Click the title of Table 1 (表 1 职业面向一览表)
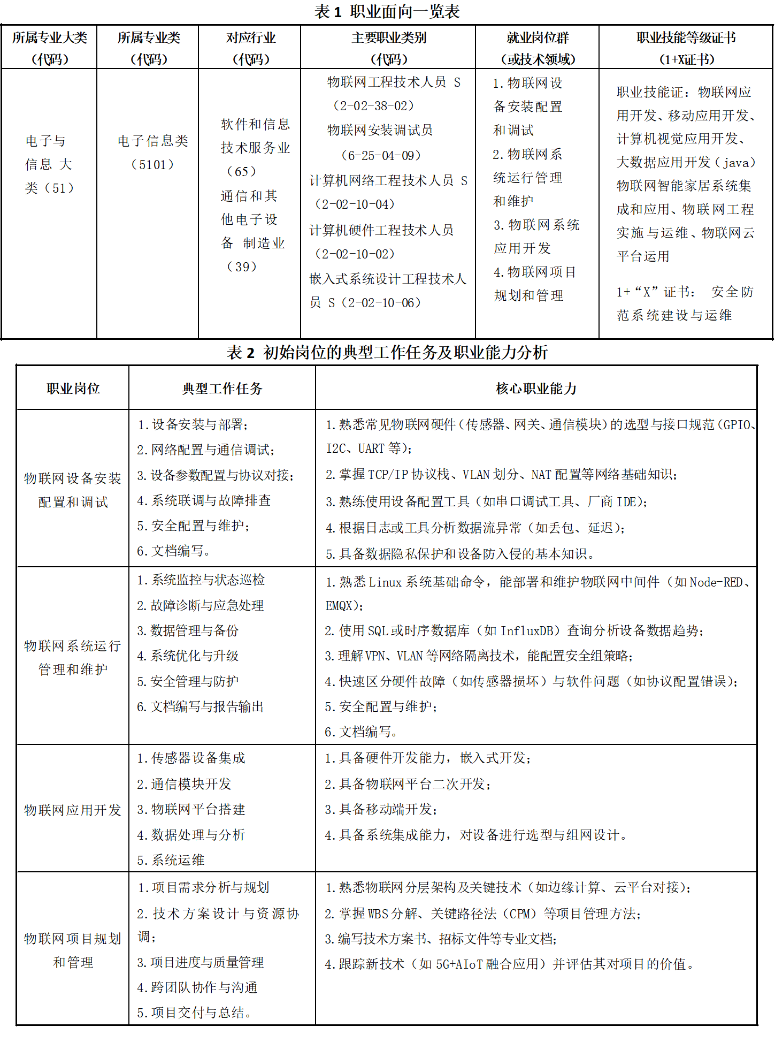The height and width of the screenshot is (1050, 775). click(387, 11)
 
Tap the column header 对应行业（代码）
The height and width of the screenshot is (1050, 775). click(251, 48)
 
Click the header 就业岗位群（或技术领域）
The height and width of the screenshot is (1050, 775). click(537, 48)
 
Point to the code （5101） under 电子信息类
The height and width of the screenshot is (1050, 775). click(152, 164)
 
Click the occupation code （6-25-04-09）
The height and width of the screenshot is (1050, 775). click(381, 155)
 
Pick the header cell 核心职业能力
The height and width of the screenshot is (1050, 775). click(536, 389)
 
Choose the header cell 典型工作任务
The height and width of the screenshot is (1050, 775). click(222, 389)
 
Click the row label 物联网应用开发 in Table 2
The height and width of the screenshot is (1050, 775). click(73, 810)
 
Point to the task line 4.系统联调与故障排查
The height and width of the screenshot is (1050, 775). click(204, 500)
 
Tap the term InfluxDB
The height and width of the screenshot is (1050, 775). click(526, 631)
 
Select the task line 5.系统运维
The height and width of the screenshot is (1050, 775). click(171, 860)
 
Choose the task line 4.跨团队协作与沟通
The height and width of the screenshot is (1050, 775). click(197, 987)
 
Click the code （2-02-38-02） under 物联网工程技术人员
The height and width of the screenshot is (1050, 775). click(374, 105)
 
